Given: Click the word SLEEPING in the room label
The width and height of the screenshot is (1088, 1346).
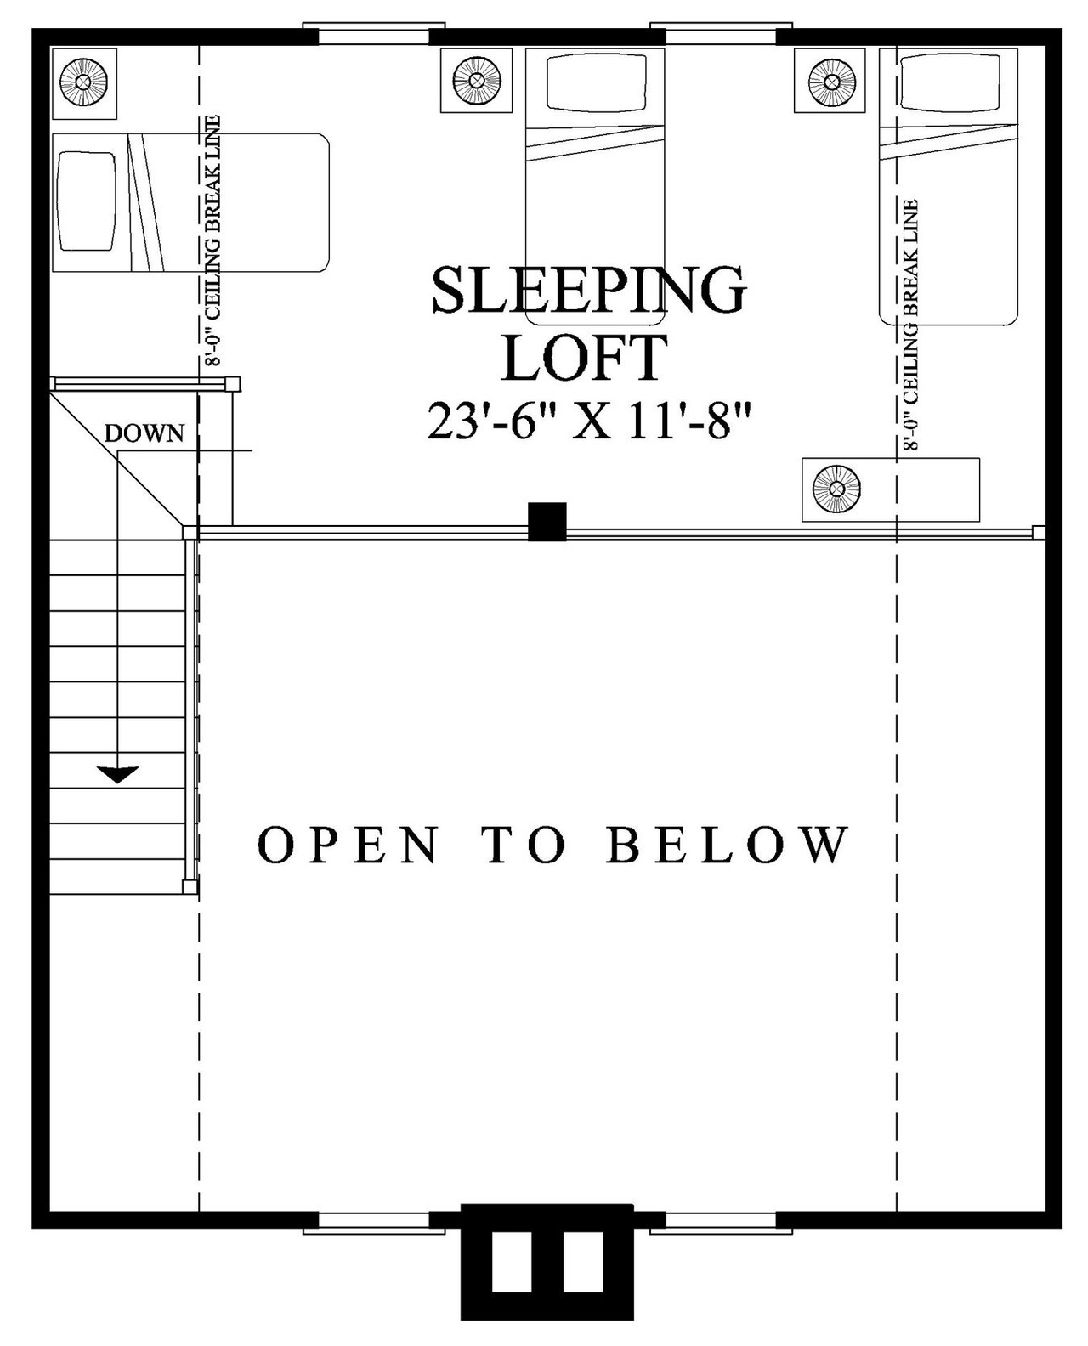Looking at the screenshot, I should [588, 291].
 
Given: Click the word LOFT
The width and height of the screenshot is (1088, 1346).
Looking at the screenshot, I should [585, 359].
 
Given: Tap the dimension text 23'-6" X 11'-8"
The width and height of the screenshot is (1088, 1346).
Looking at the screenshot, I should [590, 421].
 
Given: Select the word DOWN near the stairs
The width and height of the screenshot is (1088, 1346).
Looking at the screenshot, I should [144, 433].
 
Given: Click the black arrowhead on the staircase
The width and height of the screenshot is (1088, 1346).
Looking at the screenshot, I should [117, 773].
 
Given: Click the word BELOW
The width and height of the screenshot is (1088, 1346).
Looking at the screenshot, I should [728, 845].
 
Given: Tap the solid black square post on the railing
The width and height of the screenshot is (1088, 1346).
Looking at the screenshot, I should [547, 522].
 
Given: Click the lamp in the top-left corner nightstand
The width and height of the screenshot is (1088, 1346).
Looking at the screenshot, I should [84, 82].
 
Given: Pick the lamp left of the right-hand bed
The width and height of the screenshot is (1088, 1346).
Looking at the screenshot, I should [830, 81].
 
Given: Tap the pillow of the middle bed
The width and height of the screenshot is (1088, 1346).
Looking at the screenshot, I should [594, 82].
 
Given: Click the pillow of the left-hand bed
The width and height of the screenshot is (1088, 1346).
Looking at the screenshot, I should [88, 201].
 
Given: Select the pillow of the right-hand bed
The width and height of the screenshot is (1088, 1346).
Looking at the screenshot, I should [948, 82].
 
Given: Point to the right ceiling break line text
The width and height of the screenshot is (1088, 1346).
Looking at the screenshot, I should [912, 325].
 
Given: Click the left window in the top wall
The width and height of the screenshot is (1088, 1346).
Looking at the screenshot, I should [374, 36].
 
